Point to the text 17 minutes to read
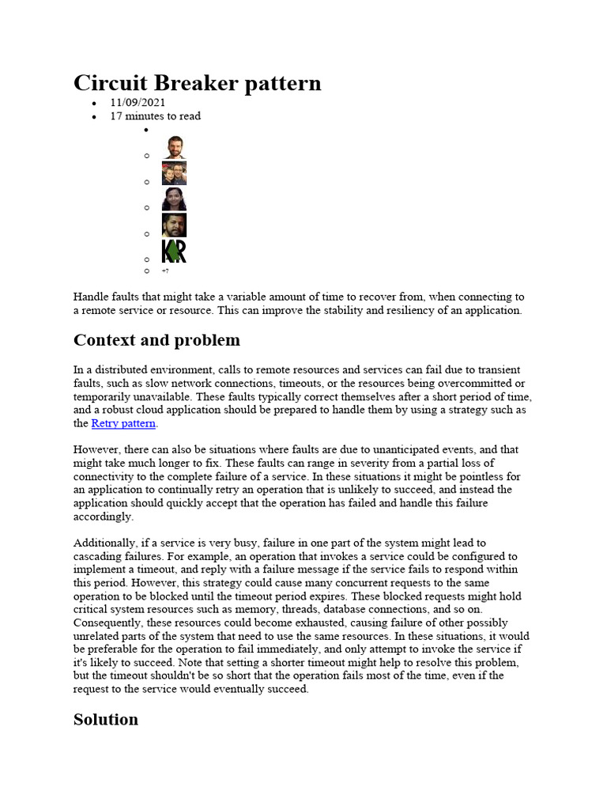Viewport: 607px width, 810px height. click(155, 116)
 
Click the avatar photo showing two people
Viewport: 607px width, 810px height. click(174, 174)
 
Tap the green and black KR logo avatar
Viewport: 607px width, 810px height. click(174, 252)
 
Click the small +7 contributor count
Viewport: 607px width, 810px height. click(164, 271)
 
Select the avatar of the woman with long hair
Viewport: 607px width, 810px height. click(174, 199)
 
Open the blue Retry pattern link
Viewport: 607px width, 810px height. click(123, 424)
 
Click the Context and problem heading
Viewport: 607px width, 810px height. click(156, 340)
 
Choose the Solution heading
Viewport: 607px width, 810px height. click(105, 719)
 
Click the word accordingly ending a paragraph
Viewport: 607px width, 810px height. click(103, 517)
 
